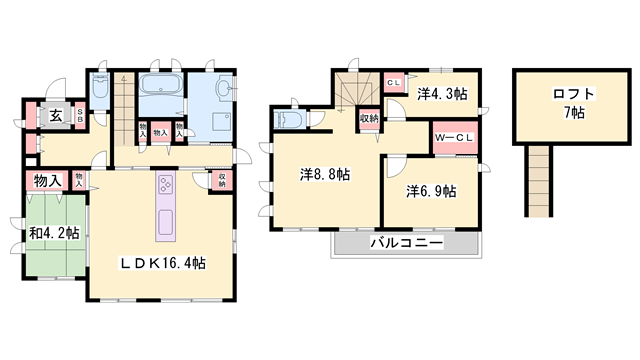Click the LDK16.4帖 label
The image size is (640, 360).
point(164,263)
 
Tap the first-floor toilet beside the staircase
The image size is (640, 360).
point(101,89)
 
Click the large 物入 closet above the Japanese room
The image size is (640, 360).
point(47,181)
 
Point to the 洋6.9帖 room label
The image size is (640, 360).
point(431,190)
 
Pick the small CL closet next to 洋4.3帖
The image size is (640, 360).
point(394,81)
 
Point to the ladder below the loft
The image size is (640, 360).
point(538,180)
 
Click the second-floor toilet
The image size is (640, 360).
point(288,120)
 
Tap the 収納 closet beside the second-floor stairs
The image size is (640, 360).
point(369,119)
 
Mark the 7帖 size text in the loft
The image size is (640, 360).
point(574,112)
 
